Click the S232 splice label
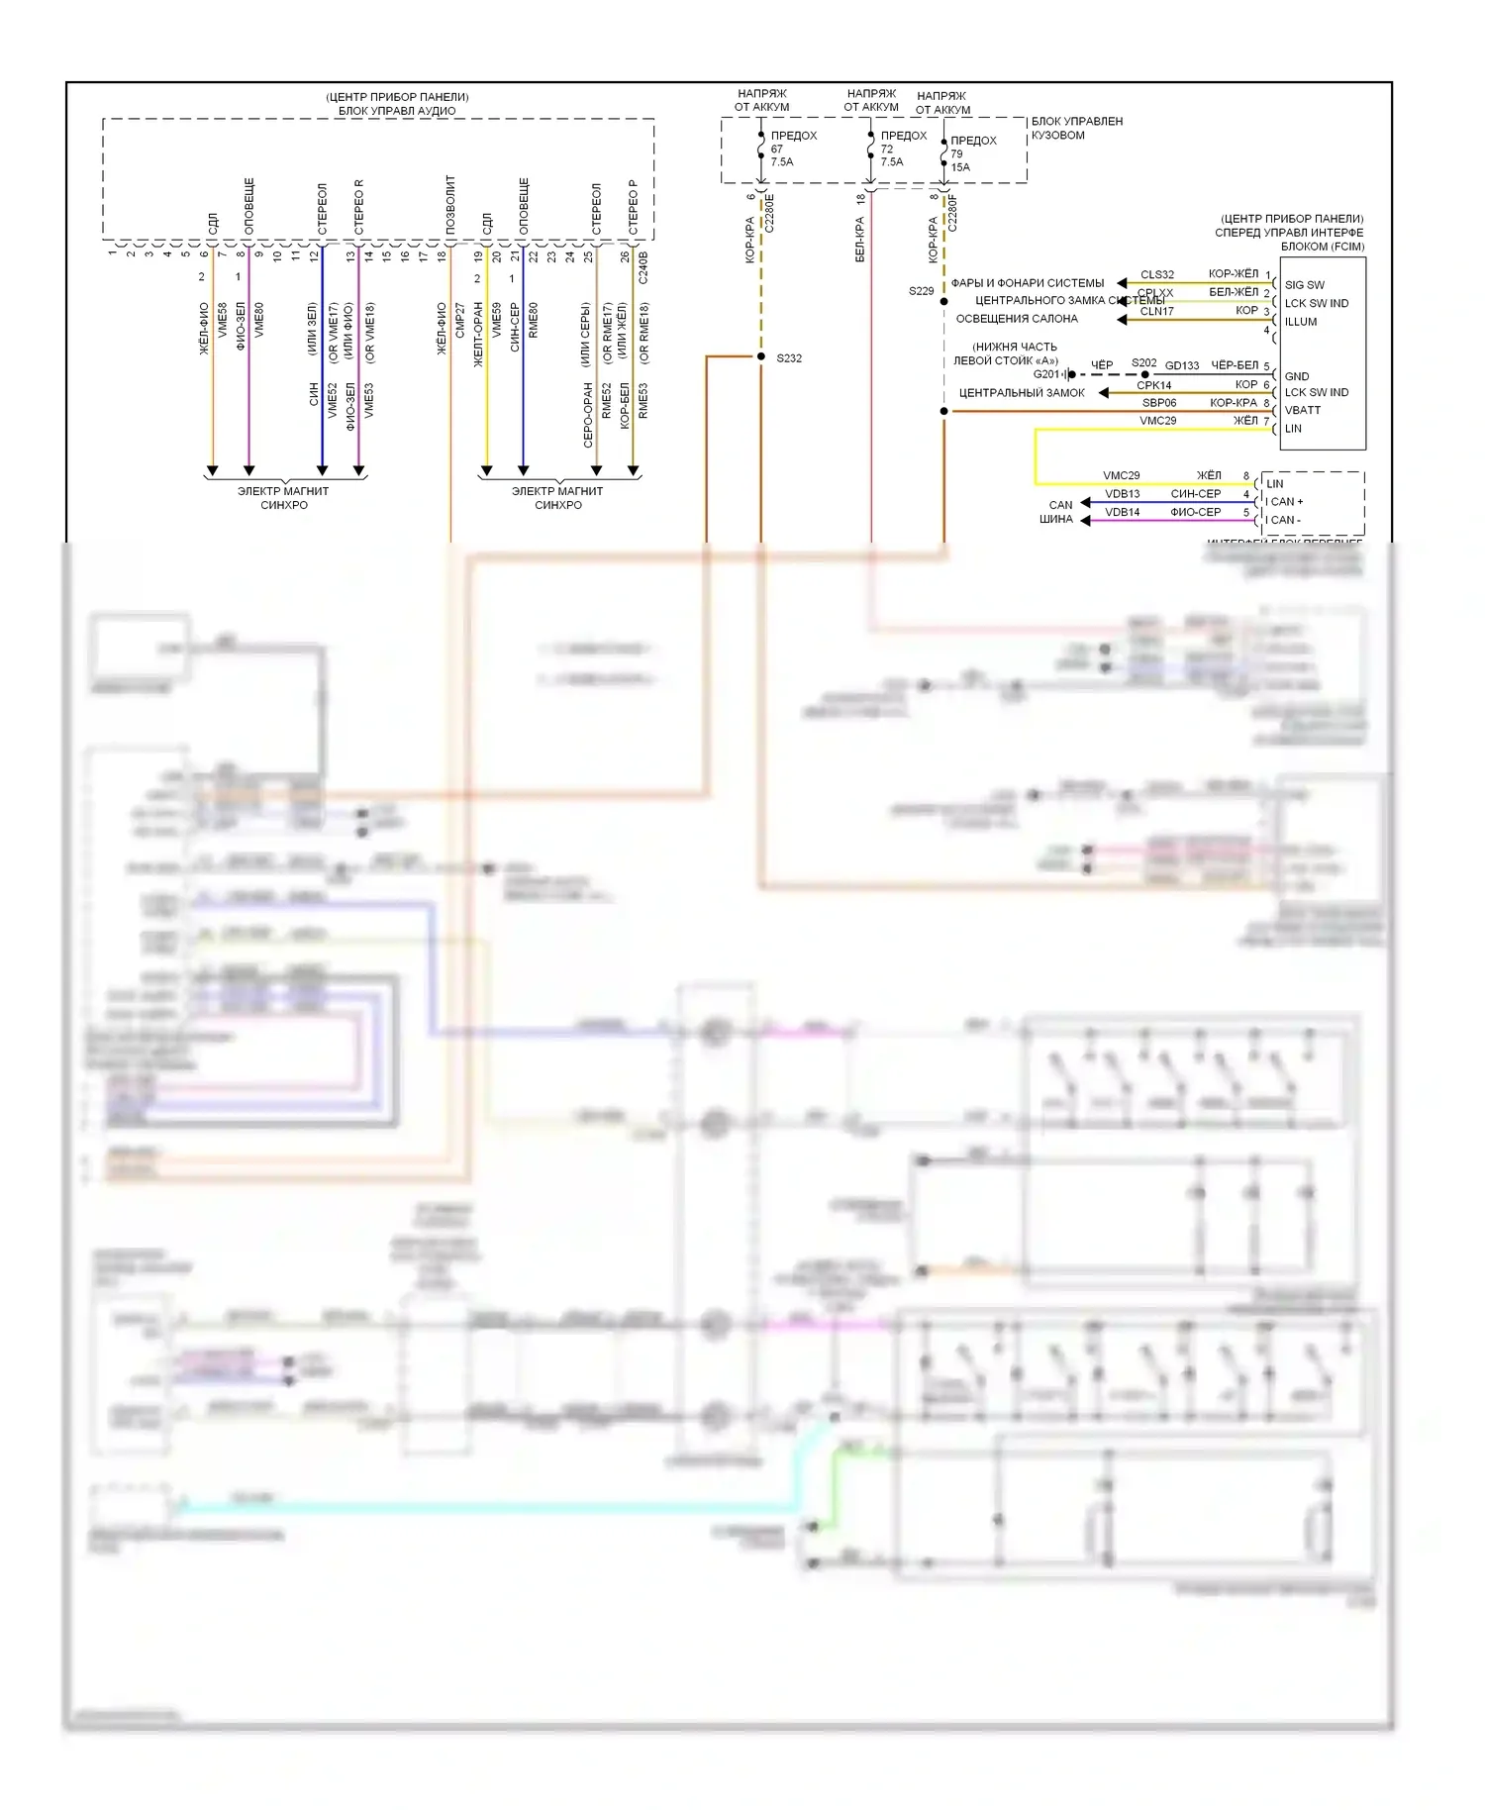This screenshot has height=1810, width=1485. click(x=789, y=358)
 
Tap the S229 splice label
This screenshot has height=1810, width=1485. click(x=921, y=291)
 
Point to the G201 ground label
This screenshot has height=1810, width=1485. click(x=1046, y=374)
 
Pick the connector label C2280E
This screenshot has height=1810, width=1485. click(x=770, y=213)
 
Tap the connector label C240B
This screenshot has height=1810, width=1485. click(x=643, y=267)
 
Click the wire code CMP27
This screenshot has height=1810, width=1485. click(x=460, y=321)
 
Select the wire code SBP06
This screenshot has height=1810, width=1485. click(x=1159, y=403)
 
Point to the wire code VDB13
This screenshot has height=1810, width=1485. click(x=1122, y=494)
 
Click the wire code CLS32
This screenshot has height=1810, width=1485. click(x=1156, y=274)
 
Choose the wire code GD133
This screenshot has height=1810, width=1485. click(x=1182, y=365)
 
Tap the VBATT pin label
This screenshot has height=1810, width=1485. click(x=1303, y=410)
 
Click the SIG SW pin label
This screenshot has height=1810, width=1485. click(x=1304, y=285)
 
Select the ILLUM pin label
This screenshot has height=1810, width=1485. click(x=1301, y=322)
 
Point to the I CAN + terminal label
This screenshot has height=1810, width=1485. click(x=1284, y=502)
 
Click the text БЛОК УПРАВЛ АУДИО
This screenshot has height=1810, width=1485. click(x=397, y=111)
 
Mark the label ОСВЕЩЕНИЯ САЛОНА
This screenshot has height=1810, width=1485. click(x=1017, y=319)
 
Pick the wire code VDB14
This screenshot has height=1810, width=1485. click(x=1122, y=512)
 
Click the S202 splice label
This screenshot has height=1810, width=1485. click(x=1143, y=362)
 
